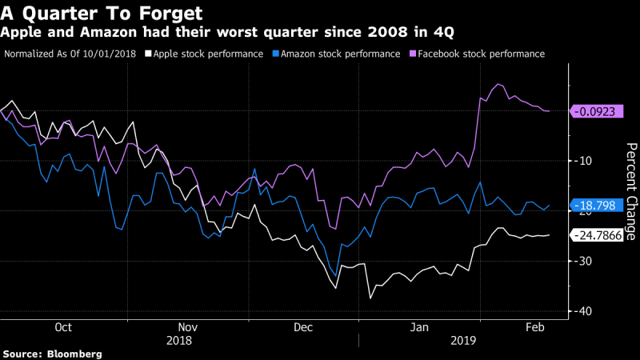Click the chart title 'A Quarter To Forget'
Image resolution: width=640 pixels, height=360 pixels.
point(101,14)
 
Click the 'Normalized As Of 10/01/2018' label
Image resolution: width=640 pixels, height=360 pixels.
point(70,54)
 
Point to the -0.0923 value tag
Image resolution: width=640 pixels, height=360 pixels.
point(596,112)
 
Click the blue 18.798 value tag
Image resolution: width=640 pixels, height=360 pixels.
point(596,206)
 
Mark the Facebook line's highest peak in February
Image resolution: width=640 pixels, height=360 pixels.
point(498,84)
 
